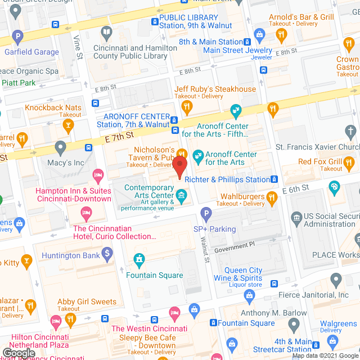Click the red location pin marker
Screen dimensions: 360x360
(179, 167)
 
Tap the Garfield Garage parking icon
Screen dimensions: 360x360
(18, 38)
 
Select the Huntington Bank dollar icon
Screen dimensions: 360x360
(106, 255)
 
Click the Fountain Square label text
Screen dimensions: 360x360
(154, 275)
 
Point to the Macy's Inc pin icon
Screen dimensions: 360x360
(61, 149)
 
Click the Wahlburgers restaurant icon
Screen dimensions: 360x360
(272, 197)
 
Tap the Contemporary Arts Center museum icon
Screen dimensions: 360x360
(182, 196)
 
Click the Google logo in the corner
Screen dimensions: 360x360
(19, 353)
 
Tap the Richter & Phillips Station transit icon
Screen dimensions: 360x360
(274, 179)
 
